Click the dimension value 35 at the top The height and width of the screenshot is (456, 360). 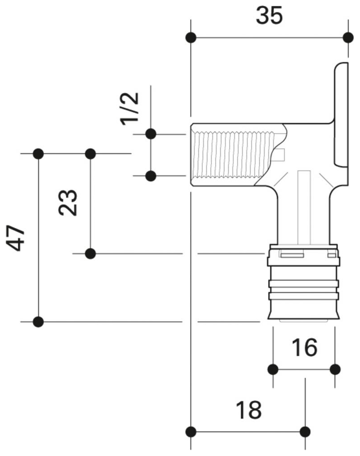click(x=269, y=16)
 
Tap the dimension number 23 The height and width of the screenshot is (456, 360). click(x=68, y=203)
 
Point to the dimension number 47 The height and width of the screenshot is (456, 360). click(x=17, y=239)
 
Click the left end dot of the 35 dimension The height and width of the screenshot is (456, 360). click(x=191, y=37)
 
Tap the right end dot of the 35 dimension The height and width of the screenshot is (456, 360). click(x=348, y=37)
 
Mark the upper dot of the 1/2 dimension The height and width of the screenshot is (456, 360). click(x=151, y=133)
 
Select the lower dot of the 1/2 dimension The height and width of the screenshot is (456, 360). click(x=151, y=176)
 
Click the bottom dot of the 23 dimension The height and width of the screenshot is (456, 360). click(x=91, y=253)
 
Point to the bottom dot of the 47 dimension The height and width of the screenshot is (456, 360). click(x=39, y=321)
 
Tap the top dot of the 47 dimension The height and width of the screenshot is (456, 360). click(x=39, y=154)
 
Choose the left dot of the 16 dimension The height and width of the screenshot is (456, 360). click(x=273, y=369)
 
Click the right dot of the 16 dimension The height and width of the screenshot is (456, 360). click(x=335, y=369)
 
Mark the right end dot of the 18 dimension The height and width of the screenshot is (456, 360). click(x=305, y=432)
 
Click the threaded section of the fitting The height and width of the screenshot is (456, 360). click(x=229, y=155)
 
